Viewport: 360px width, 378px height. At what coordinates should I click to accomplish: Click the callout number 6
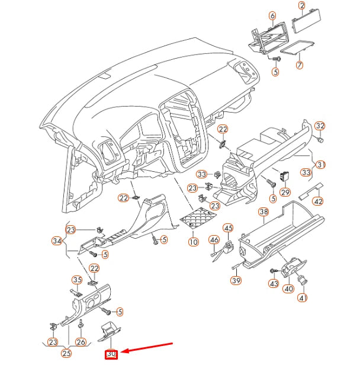[x=272, y=15]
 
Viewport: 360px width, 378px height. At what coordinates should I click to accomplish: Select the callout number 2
[x=301, y=7]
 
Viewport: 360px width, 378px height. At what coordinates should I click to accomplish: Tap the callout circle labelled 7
[x=300, y=64]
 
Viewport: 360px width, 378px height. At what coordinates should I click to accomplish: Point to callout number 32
[x=320, y=126]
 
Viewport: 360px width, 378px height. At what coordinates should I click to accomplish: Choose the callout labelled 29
[x=285, y=193]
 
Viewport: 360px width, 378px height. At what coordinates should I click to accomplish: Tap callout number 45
[x=228, y=228]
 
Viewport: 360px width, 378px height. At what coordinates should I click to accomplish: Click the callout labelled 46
[x=214, y=240]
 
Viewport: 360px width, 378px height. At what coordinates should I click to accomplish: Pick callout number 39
[x=236, y=280]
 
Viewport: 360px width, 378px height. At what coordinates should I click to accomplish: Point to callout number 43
[x=274, y=284]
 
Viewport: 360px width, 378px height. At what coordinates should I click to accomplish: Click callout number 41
[x=303, y=297]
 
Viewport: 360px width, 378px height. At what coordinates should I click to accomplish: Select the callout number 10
[x=193, y=242]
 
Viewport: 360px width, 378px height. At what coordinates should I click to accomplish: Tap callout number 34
[x=57, y=241]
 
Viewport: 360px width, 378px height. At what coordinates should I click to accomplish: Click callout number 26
[x=81, y=341]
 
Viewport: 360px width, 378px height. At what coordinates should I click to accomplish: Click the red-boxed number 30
[x=111, y=354]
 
